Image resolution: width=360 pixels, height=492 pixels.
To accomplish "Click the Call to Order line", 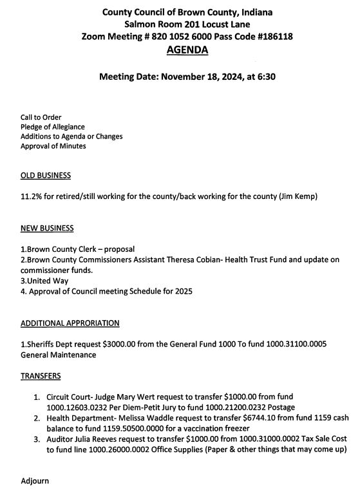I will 41,118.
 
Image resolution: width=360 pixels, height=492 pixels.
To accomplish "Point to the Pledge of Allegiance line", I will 52,127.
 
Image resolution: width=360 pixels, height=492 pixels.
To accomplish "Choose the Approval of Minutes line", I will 53,146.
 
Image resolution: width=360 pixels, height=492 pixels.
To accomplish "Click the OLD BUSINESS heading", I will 46,176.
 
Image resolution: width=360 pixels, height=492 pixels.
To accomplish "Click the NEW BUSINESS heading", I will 47,228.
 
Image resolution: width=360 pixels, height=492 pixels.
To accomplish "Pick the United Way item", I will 46,281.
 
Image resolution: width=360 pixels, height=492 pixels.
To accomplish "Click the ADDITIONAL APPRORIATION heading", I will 70,323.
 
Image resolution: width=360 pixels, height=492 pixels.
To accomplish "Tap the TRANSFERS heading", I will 41,375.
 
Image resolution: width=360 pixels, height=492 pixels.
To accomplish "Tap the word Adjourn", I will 35,480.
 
